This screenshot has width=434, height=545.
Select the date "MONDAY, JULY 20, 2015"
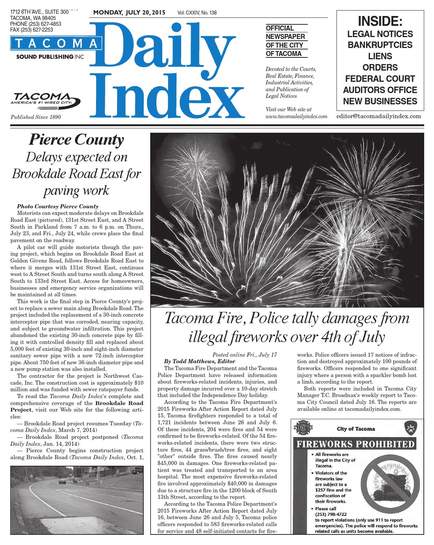click(x=129, y=13)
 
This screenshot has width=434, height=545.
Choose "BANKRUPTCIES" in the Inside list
click(x=380, y=45)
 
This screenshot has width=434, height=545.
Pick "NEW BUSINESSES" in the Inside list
click(x=380, y=101)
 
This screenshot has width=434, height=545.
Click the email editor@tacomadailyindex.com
click(x=379, y=116)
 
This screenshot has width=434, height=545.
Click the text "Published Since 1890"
click(x=36, y=117)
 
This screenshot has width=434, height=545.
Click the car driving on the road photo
click(x=62, y=482)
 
